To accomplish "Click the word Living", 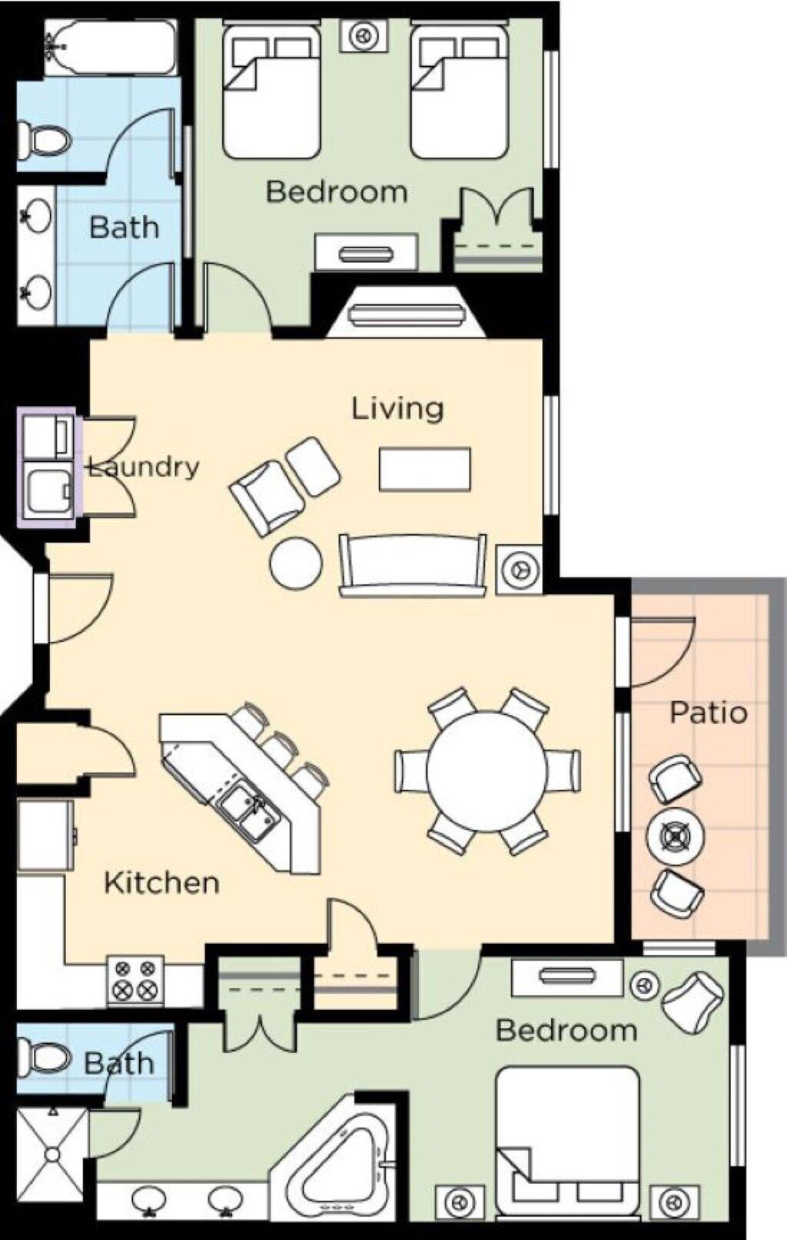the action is pyautogui.click(x=398, y=408).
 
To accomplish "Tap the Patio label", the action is pyautogui.click(x=709, y=712).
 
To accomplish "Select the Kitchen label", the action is pyautogui.click(x=161, y=883).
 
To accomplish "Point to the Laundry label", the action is pyautogui.click(x=144, y=467).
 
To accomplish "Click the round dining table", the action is pyautogui.click(x=486, y=771).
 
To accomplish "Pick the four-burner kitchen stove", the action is pyautogui.click(x=135, y=982).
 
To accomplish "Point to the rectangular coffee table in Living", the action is pyautogui.click(x=424, y=469).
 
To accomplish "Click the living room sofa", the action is pyautogui.click(x=412, y=564).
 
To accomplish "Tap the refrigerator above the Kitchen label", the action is pyautogui.click(x=46, y=836).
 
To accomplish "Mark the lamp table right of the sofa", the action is pyautogui.click(x=519, y=569).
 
